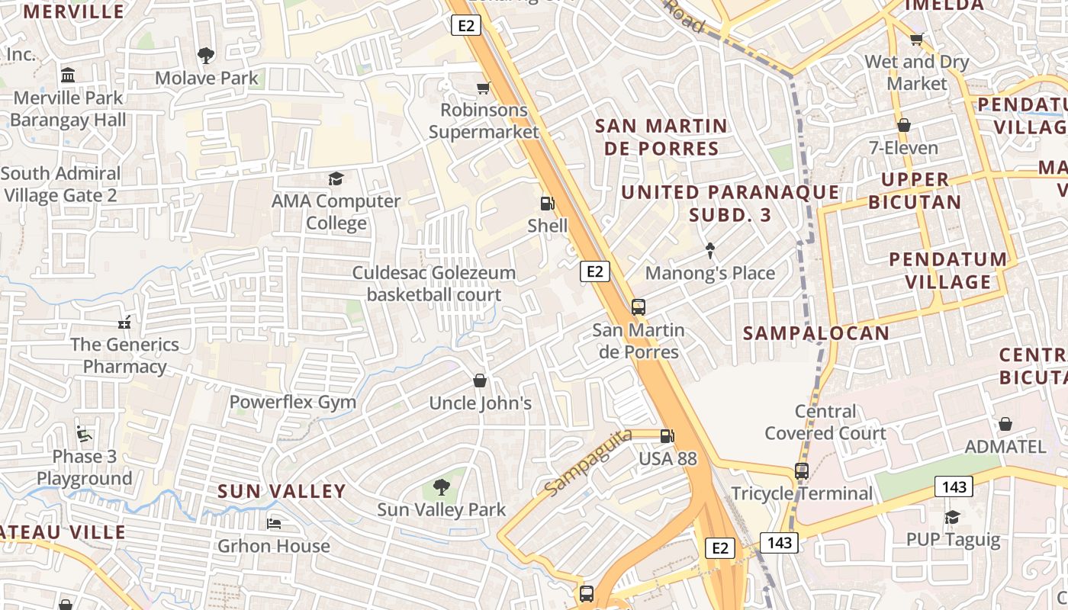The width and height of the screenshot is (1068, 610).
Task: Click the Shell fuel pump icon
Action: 547,204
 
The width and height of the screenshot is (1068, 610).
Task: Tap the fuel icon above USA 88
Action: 667,436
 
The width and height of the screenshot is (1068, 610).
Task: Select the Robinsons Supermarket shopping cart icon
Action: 483,88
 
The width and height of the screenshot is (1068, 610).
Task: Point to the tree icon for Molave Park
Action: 206,55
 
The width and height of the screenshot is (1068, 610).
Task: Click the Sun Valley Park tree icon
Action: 441,487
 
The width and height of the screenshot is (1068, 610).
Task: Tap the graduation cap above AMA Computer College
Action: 336,179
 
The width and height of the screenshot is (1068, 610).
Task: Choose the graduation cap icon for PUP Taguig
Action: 952,518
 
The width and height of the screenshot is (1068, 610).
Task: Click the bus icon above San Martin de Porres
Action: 639,307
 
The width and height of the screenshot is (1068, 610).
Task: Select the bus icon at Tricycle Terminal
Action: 801,471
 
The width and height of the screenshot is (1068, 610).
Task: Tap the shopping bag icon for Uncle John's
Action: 480,380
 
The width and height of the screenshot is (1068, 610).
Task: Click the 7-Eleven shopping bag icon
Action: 904,125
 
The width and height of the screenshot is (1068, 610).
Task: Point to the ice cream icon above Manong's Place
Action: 710,250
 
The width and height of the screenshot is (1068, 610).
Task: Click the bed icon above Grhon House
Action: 274,524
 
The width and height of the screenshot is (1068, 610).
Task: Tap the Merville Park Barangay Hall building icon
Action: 68,75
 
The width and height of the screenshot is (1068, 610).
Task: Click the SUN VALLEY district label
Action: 281,492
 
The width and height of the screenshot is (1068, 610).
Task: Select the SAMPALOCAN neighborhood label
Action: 816,333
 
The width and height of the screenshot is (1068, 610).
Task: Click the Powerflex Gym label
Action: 293,402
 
